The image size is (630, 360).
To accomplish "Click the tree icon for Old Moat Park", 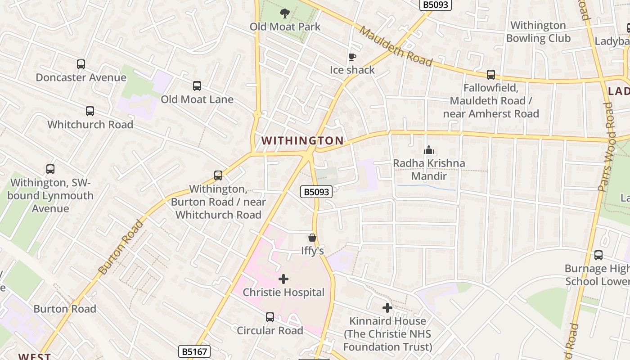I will click(x=284, y=13).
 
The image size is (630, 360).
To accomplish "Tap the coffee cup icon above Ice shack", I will click(x=352, y=57).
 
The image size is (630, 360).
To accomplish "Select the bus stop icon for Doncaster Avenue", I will click(x=81, y=64).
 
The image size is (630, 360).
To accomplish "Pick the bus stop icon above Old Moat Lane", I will click(x=197, y=86).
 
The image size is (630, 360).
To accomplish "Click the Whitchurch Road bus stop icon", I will click(x=90, y=111).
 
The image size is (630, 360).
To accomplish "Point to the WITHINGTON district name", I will click(x=302, y=141).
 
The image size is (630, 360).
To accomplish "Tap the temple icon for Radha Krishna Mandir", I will click(x=429, y=150).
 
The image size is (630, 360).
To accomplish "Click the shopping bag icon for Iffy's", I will click(x=312, y=238).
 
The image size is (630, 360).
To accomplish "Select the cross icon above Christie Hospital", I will click(x=283, y=279).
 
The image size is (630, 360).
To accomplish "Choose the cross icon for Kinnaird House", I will click(x=387, y=308).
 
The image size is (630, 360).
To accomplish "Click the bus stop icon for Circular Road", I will click(x=270, y=317).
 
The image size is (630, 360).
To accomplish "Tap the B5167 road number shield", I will click(x=194, y=351).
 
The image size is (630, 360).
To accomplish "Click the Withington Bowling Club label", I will click(x=538, y=31).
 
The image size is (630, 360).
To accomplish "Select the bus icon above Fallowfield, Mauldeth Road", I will click(x=491, y=75).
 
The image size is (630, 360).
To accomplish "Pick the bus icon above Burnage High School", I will click(x=598, y=255).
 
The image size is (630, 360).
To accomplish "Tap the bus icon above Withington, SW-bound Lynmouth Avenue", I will click(x=50, y=170).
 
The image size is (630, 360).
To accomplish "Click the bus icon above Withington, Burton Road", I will click(x=218, y=175).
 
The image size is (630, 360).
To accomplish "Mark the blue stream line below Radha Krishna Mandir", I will click(x=426, y=186).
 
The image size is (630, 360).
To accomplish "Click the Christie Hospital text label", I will click(x=283, y=292).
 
